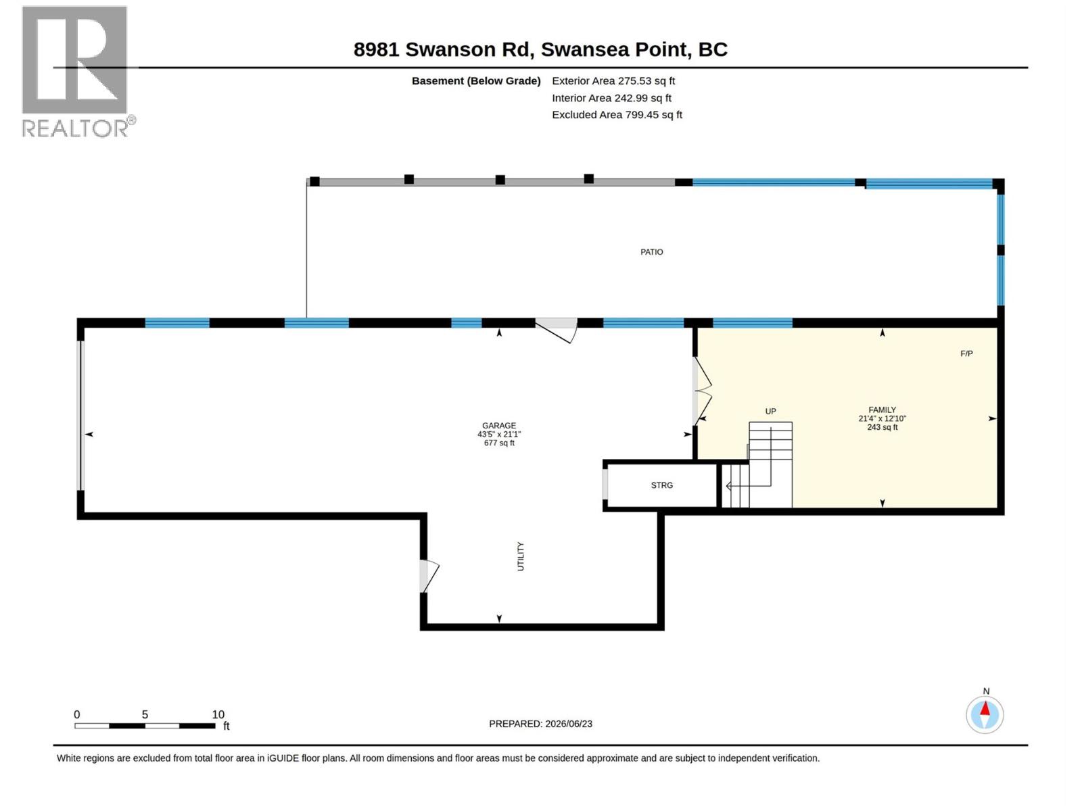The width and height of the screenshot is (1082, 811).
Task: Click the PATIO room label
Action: coord(651,252)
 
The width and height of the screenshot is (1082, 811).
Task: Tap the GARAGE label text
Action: coord(499,426)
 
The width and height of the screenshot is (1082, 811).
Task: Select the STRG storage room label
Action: coord(661,485)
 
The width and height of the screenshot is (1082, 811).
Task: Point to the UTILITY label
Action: coord(521,556)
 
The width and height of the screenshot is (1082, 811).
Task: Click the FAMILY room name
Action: coord(882,410)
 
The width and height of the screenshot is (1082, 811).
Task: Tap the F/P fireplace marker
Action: coord(966,353)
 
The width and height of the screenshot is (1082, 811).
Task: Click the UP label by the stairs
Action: coord(770,411)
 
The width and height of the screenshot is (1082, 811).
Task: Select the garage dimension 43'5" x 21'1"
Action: coord(499,435)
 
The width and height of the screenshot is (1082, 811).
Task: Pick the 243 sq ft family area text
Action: coord(882,427)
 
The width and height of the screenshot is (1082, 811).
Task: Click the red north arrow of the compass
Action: coord(985,708)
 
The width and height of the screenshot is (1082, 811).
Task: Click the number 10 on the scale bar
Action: coord(218,714)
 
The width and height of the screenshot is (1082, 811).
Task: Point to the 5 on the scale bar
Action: coord(145,714)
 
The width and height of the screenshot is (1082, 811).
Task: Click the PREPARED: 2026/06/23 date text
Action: coord(540,724)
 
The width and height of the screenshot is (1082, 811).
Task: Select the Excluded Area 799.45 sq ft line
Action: coord(617,115)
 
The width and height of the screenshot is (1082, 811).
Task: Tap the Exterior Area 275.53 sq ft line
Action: coord(613,80)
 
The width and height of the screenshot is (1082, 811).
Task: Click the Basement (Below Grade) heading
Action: coord(475,80)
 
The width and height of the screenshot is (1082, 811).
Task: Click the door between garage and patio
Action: coord(557,330)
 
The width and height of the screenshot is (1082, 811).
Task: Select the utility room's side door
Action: coord(429,576)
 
